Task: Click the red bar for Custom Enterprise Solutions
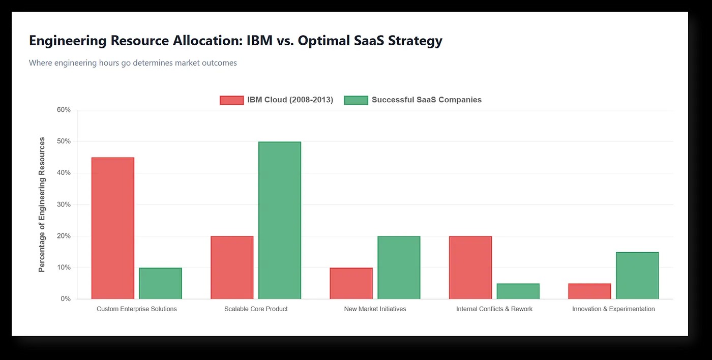tap(113, 228)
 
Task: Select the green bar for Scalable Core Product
tap(280, 220)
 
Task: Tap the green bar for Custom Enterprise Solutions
tap(161, 283)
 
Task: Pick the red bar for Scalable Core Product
tap(232, 267)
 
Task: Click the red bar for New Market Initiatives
tap(351, 283)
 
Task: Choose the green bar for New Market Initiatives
tap(399, 267)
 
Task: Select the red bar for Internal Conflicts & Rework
tap(470, 267)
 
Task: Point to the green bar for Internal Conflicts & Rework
tap(518, 291)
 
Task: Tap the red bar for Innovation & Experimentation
tap(590, 291)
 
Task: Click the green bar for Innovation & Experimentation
tap(637, 276)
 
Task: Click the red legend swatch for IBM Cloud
tap(231, 100)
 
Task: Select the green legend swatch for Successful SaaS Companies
tap(356, 100)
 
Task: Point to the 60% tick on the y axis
tap(64, 110)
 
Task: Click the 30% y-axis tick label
tap(64, 204)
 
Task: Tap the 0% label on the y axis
tap(66, 299)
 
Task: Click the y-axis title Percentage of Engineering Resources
tap(42, 204)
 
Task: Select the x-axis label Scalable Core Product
tap(256, 309)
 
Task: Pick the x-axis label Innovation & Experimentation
tap(613, 309)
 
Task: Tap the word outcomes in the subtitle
tap(219, 63)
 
